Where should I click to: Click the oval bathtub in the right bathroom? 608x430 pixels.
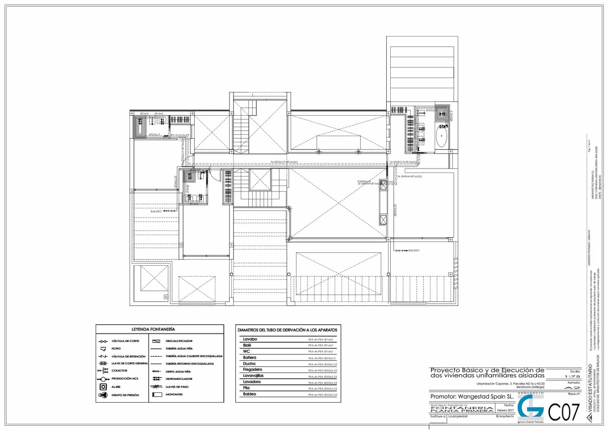coord(441,137)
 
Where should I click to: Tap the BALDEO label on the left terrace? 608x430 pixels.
coord(156,211)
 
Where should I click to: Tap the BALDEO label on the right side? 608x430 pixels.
coord(414,251)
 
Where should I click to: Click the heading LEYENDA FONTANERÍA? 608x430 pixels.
coord(153,329)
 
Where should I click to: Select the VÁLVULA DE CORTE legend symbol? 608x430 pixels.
coord(103,341)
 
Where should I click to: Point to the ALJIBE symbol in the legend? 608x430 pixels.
coord(103,387)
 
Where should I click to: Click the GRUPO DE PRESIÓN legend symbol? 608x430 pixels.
coord(103,395)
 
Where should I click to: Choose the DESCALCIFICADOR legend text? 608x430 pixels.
coord(179,341)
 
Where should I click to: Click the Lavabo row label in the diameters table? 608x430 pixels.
coord(250,339)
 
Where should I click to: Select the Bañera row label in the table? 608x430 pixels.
coord(250,357)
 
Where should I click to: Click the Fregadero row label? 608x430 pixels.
coord(252,370)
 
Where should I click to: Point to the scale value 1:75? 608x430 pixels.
coord(573,376)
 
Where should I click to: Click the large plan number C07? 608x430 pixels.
coord(564,413)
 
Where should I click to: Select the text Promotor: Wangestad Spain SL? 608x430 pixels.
coord(472,397)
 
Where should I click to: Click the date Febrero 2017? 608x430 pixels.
coord(506,410)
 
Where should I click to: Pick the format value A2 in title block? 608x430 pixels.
coord(573,388)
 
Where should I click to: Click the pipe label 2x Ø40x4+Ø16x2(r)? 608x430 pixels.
coord(410,176)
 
